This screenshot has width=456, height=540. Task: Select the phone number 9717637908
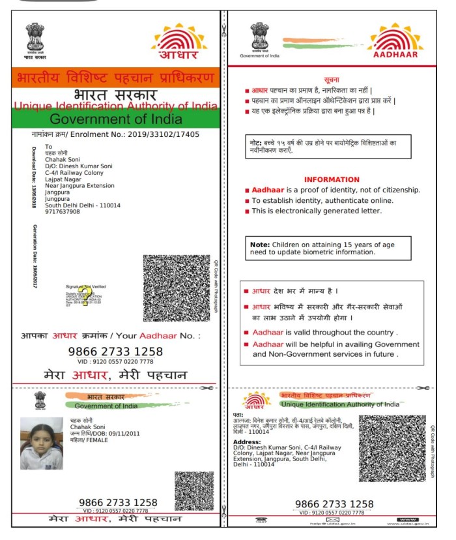63,211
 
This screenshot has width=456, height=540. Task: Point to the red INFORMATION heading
332,179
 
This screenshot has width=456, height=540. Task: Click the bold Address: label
247,442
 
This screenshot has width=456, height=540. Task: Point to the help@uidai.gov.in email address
332,524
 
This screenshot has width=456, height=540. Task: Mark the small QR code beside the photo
193,490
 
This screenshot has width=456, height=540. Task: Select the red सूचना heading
332,78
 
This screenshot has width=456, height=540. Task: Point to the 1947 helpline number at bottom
260,524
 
